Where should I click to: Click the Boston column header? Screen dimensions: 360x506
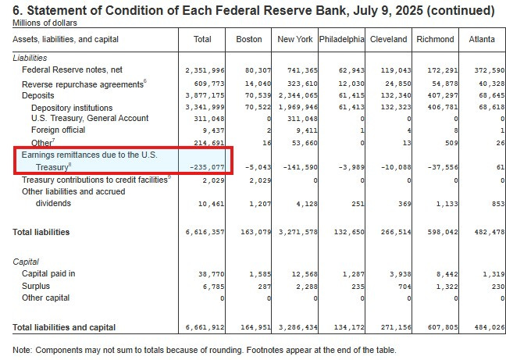point(248,38)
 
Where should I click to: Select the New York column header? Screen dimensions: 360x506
point(294,38)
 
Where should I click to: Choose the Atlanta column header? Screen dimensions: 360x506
point(479,38)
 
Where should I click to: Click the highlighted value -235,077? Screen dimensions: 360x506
point(206,166)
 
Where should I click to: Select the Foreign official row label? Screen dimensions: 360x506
point(60,130)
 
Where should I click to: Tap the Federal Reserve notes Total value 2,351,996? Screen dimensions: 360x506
point(206,70)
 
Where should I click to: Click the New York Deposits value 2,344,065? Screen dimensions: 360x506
point(296,94)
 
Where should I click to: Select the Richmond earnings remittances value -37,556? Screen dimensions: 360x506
point(437,166)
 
